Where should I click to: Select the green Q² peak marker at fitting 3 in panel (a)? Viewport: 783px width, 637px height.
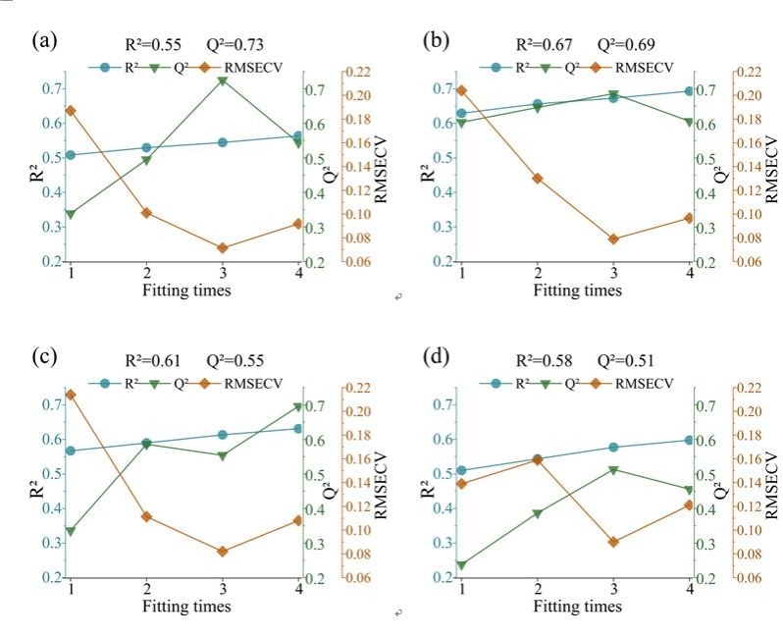coord(223,80)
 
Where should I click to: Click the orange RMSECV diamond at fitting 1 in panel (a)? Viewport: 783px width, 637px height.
coord(71,111)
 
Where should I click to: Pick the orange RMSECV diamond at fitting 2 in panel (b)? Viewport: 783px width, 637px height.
coord(538,179)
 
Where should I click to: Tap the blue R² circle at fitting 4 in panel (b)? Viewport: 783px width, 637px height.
coord(689,91)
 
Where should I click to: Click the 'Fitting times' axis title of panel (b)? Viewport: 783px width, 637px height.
coord(578,291)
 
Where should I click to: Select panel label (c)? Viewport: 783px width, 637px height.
coord(43,356)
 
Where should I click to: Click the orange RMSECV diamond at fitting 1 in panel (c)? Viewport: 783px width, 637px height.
coord(71,395)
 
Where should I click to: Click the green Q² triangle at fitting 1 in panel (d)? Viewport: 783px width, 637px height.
coord(461,565)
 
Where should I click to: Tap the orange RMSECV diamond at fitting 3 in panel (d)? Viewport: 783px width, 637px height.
coord(613,542)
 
